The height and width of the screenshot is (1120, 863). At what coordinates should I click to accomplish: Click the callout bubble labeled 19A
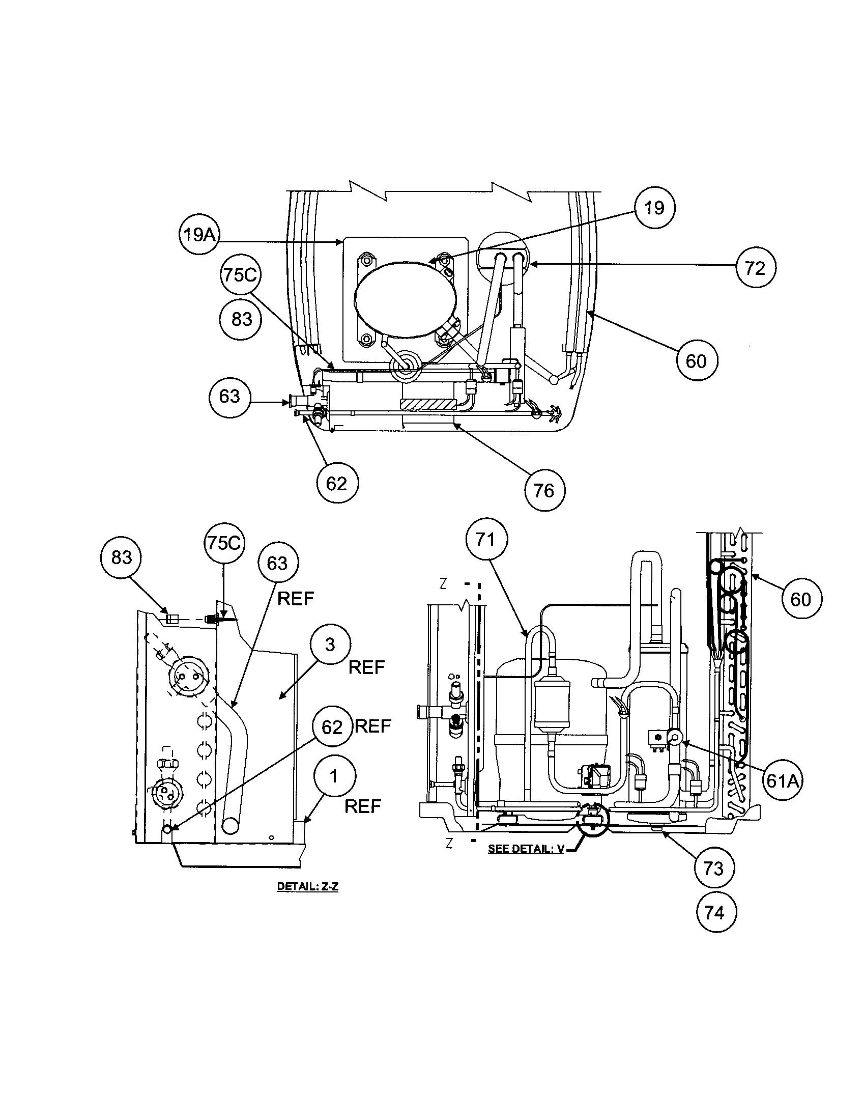pyautogui.click(x=199, y=235)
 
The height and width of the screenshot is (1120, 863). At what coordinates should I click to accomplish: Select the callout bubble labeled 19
pyautogui.click(x=654, y=208)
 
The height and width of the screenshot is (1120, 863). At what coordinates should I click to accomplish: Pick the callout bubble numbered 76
pyautogui.click(x=544, y=491)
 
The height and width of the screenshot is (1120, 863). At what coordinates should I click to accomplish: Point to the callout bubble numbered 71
pyautogui.click(x=486, y=540)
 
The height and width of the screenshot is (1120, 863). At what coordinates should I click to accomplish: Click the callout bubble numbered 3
pyautogui.click(x=331, y=645)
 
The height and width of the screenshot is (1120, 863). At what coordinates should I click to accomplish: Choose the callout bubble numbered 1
pyautogui.click(x=334, y=776)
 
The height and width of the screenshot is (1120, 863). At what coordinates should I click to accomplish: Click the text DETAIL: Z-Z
pyautogui.click(x=307, y=886)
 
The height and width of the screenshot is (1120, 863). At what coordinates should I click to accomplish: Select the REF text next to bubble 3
pyautogui.click(x=366, y=668)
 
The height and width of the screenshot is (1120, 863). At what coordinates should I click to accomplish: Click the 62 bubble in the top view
pyautogui.click(x=337, y=483)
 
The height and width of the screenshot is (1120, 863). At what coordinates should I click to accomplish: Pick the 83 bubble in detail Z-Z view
pyautogui.click(x=122, y=557)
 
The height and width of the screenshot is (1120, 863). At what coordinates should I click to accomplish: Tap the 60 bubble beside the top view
pyautogui.click(x=696, y=361)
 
